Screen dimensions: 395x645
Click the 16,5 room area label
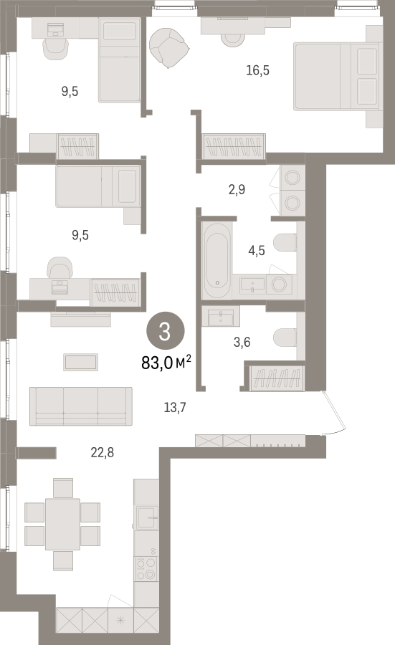257,70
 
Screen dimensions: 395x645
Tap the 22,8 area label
102,452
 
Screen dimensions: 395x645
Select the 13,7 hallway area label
175,407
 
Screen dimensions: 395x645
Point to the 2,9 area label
237,189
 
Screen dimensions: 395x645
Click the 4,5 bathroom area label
257,251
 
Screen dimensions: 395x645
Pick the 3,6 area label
242,342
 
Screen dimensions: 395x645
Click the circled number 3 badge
165,331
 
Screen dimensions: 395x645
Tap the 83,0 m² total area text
166,363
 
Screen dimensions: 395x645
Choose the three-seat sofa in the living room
80,406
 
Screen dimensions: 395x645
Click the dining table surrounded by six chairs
62,524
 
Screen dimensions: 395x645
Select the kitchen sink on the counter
146,517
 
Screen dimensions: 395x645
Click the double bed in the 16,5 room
335,77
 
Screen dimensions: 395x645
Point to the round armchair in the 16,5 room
169,47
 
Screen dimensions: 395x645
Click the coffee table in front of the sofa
80,363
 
